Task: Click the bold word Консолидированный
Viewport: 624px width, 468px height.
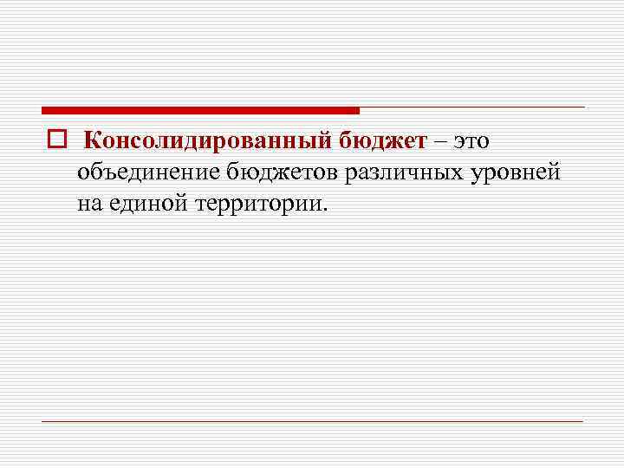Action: [205, 140]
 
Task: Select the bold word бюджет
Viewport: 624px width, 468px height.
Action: [379, 140]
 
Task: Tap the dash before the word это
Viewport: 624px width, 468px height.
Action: [441, 141]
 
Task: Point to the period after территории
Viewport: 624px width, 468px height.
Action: [327, 211]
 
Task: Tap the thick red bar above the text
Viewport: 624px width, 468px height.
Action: [199, 111]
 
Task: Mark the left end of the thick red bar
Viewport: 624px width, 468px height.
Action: [44, 111]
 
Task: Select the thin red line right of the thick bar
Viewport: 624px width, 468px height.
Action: [472, 107]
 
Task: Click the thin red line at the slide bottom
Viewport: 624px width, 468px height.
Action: [312, 421]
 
